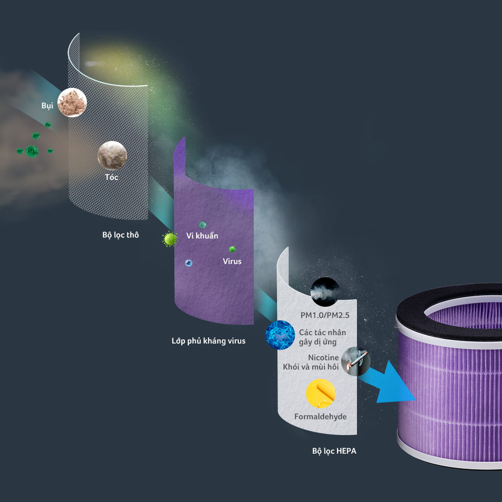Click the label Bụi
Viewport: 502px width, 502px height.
point(47,106)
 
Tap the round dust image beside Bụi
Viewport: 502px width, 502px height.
point(72,102)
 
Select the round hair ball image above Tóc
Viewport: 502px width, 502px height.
point(112,155)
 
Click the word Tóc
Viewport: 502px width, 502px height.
point(112,177)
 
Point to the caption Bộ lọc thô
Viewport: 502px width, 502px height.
point(120,235)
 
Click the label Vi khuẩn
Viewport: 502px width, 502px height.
point(202,236)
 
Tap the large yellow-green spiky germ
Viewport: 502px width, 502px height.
point(170,239)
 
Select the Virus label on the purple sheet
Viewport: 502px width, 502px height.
point(232,261)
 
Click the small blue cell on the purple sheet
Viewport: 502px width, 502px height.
point(189,263)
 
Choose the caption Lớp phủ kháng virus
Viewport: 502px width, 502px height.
point(208,341)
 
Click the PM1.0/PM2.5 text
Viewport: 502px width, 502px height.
point(324,315)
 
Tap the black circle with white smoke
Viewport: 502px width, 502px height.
point(325,291)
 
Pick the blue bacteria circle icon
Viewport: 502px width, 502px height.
point(280,335)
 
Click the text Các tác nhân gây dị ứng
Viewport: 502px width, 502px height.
point(323,337)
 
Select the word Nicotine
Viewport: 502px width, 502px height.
point(324,357)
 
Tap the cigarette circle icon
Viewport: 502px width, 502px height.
point(356,361)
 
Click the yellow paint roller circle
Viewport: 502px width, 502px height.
point(320,394)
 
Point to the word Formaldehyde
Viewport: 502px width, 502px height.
point(320,416)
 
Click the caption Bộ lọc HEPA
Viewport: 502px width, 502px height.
point(334,451)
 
